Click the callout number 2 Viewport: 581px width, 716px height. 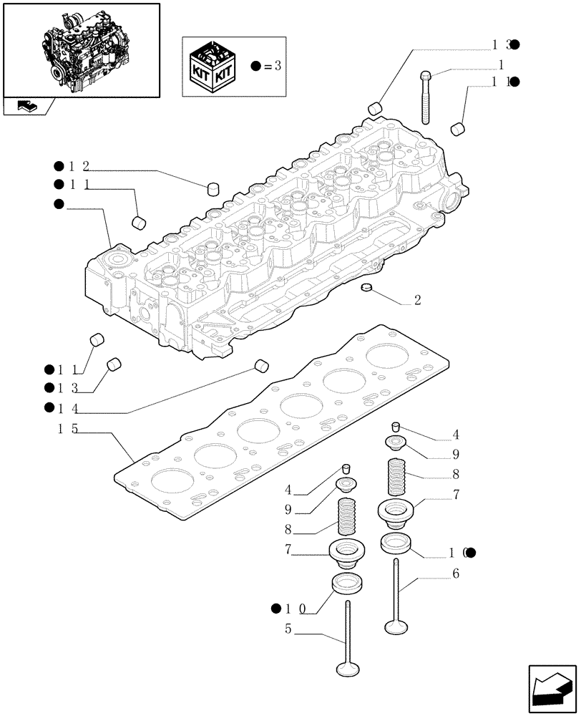click(417, 301)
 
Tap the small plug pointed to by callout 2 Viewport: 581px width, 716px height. click(368, 288)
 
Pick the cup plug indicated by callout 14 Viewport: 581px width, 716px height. click(261, 367)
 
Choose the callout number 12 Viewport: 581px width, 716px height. click(79, 167)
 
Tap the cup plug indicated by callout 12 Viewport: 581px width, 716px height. click(212, 189)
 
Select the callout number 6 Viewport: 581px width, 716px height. click(455, 574)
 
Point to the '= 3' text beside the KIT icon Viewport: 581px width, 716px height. click(272, 67)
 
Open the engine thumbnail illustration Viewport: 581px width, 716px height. click(82, 49)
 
